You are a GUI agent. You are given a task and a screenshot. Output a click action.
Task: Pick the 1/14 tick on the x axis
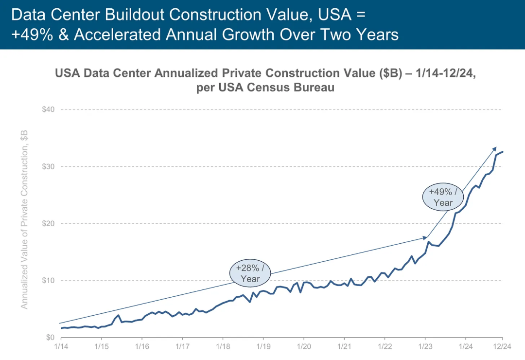point(61,347)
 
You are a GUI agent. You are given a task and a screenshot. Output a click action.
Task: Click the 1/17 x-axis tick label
point(182,347)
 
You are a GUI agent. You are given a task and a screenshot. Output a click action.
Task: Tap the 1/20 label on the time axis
point(303,347)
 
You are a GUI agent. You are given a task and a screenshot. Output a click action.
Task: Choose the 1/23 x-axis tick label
point(425,347)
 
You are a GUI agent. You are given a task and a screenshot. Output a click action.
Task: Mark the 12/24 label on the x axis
point(502,347)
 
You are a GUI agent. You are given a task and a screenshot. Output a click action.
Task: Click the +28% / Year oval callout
point(251,273)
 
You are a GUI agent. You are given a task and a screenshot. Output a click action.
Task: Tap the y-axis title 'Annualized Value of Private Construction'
point(24,219)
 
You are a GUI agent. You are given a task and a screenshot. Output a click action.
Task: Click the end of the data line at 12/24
point(502,152)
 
